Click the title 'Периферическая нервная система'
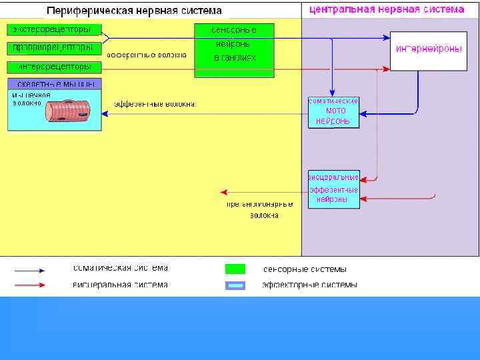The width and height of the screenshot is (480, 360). [x=134, y=11]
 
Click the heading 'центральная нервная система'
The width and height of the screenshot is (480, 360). [x=386, y=9]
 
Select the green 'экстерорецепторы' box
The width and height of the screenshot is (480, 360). [x=54, y=30]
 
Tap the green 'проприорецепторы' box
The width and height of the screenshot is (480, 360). [x=54, y=48]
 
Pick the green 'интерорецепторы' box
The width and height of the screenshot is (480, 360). [x=54, y=67]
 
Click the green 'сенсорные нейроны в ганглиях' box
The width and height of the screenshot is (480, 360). [x=234, y=51]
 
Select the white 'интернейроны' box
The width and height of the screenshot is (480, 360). [x=428, y=50]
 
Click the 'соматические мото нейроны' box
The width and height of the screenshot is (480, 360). [x=333, y=111]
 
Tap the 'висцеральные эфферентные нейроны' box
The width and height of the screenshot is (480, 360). [x=333, y=189]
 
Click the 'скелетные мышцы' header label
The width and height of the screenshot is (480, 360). [x=54, y=84]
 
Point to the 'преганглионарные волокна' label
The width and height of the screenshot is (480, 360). [x=260, y=209]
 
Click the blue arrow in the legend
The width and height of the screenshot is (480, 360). [x=30, y=271]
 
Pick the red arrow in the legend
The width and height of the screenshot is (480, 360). [x=30, y=285]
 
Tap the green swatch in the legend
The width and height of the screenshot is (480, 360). [x=235, y=269]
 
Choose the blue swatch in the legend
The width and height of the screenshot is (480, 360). [x=235, y=285]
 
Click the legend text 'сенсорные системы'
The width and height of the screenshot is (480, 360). [x=305, y=269]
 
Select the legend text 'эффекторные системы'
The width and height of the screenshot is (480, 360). [x=309, y=285]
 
